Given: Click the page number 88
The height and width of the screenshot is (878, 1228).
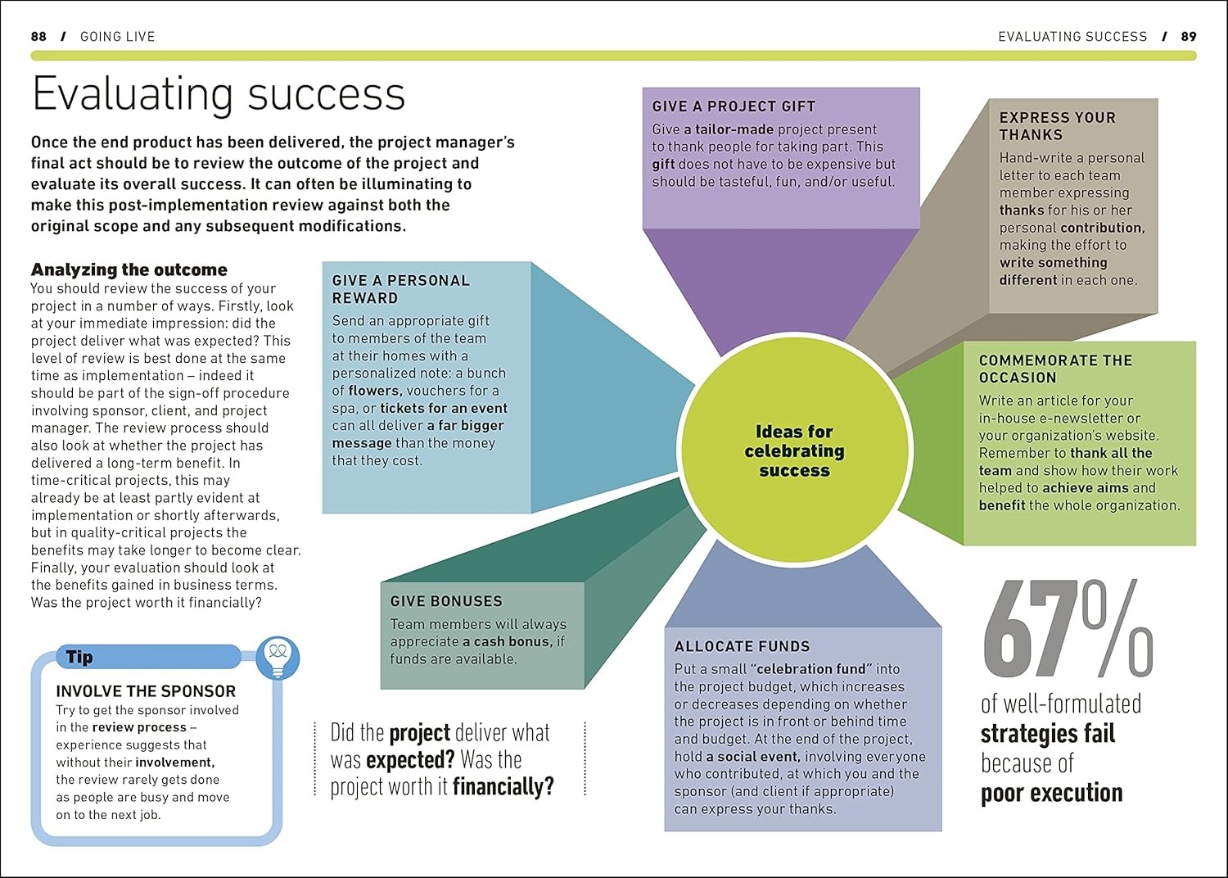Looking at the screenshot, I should coord(38,36).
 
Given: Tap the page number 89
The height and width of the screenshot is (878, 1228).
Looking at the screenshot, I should coord(1189,36).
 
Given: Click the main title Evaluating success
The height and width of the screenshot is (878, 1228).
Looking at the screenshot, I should coord(219,94).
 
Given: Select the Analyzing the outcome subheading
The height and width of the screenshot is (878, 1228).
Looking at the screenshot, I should coord(129,269).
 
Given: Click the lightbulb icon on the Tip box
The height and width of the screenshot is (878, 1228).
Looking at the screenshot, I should coord(278,657).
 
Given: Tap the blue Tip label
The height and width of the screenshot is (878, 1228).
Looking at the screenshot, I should coord(79,657).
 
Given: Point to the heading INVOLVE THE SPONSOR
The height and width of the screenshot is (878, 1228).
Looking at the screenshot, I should coord(146,691).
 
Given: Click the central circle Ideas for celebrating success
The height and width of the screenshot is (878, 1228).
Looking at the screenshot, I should coord(794,450).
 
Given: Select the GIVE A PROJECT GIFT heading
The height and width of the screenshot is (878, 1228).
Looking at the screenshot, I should coord(734,106).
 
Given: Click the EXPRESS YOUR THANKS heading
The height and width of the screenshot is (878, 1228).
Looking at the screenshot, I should coord(1056,126).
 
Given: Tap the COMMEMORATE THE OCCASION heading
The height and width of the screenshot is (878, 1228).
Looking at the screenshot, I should coord(1055,369).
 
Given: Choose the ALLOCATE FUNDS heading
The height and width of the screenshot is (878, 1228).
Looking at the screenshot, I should coord(742,646).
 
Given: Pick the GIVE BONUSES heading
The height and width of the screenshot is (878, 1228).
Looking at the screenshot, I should coord(446,601).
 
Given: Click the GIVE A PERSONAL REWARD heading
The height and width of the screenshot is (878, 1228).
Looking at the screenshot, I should coord(400,289).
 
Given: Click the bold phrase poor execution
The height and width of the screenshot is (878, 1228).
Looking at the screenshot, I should coord(1051,793).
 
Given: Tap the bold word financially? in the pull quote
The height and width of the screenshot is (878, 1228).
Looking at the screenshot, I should coord(503,787).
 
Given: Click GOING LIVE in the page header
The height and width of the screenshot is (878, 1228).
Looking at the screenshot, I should coord(117,36).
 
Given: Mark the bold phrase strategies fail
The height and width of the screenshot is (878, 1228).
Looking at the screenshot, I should coord(1048,733).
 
